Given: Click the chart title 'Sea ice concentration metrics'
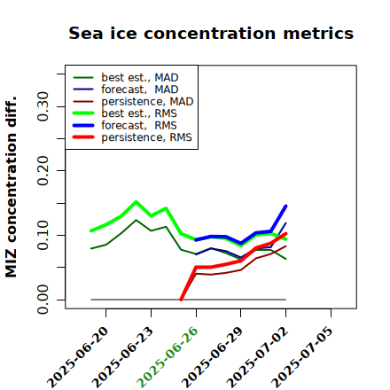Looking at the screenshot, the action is (x=211, y=33).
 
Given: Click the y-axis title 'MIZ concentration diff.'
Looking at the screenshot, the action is (x=11, y=187).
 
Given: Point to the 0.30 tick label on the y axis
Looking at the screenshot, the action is (x=43, y=106).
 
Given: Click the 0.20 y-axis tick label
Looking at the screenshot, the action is (x=43, y=170).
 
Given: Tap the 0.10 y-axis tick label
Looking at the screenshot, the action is (x=43, y=235).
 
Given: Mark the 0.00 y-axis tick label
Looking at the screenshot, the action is (x=43, y=300).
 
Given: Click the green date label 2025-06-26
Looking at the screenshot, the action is (x=168, y=357).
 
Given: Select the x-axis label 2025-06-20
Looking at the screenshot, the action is (x=77, y=357).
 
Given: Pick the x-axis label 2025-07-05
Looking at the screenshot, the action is (x=302, y=357).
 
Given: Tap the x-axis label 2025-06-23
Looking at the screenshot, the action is (x=122, y=357).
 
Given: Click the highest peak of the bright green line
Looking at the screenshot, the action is (x=136, y=202).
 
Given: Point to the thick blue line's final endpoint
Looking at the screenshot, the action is (x=285, y=206).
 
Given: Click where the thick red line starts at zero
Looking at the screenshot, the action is (x=181, y=300).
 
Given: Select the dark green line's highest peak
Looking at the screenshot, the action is (x=136, y=220).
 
